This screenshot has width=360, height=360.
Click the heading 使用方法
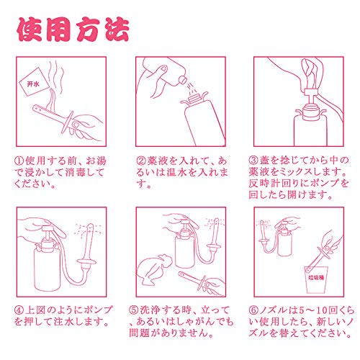pyautogui.click(x=73, y=30)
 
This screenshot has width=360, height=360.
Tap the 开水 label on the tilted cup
pyautogui.click(x=33, y=84)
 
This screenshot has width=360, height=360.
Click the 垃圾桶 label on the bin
pyautogui.click(x=316, y=277)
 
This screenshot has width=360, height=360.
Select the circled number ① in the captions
pyautogui.click(x=19, y=161)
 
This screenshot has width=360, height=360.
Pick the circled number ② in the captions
pyautogui.click(x=141, y=161)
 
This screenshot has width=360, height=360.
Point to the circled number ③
pyautogui.click(x=253, y=161)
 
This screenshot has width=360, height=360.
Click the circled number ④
pyautogui.click(x=19, y=310)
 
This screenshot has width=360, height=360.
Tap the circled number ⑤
pyautogui.click(x=134, y=310)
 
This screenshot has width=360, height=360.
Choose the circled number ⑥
pyautogui.click(x=253, y=310)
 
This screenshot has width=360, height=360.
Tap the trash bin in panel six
pyautogui.click(x=317, y=279)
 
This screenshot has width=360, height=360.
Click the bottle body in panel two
pyautogui.click(x=204, y=124)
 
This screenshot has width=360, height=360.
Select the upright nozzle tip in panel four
pyautogui.click(x=91, y=226)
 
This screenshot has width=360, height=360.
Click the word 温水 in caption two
pyautogui.click(x=176, y=172)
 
